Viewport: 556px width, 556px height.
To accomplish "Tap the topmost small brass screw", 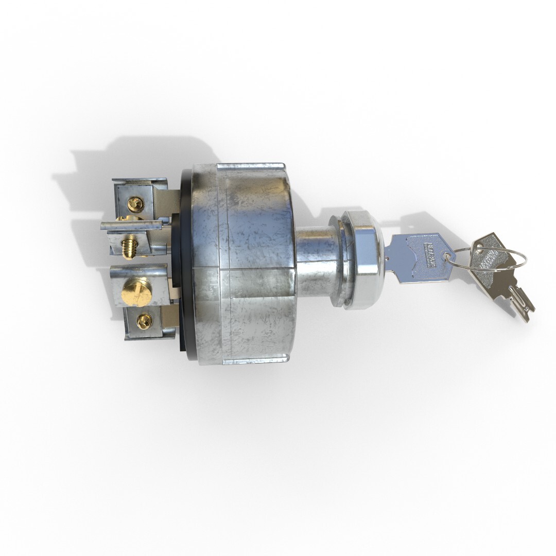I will pos(135,204).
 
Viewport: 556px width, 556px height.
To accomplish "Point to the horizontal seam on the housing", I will pos(257,269).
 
